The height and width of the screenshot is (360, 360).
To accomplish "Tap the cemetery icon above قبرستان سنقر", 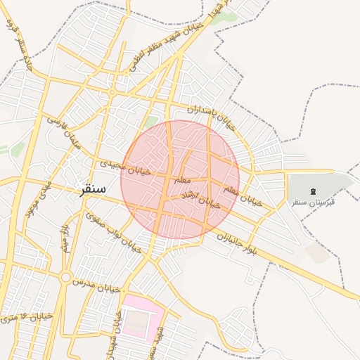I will pos(313,191).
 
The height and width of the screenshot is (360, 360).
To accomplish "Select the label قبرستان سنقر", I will pos(314,202).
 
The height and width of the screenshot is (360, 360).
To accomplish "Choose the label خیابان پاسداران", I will pos(210,114).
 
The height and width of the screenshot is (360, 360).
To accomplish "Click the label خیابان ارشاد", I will pos(201,198).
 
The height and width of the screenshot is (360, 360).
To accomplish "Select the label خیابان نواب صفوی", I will pos(113,233).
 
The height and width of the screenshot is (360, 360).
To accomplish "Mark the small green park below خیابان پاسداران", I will pos(150,124).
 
